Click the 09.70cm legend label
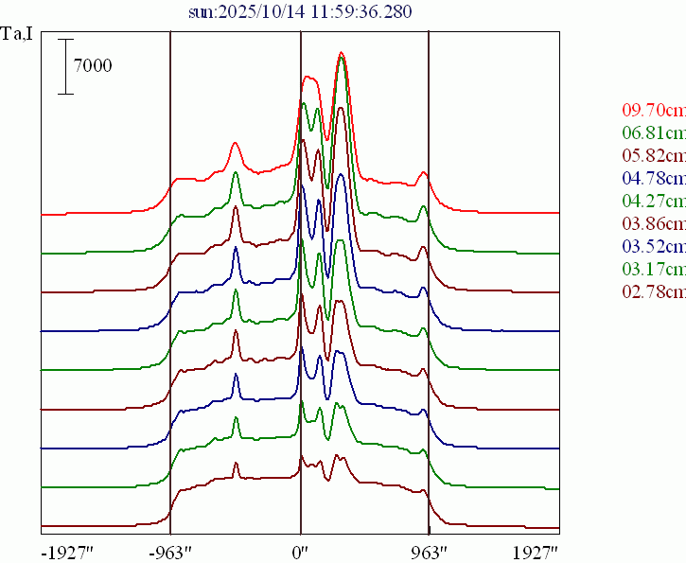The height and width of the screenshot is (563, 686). coord(654,110)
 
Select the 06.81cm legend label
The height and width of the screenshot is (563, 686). coord(654,132)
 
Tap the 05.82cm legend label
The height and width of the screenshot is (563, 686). coord(654,155)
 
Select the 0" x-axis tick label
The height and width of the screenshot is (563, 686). coord(301,552)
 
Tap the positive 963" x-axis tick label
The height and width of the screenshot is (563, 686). coord(429,552)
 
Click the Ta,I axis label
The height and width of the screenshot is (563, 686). coord(18,39)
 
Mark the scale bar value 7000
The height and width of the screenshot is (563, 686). coord(94,66)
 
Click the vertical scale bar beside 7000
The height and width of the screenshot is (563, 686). coord(65,66)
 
